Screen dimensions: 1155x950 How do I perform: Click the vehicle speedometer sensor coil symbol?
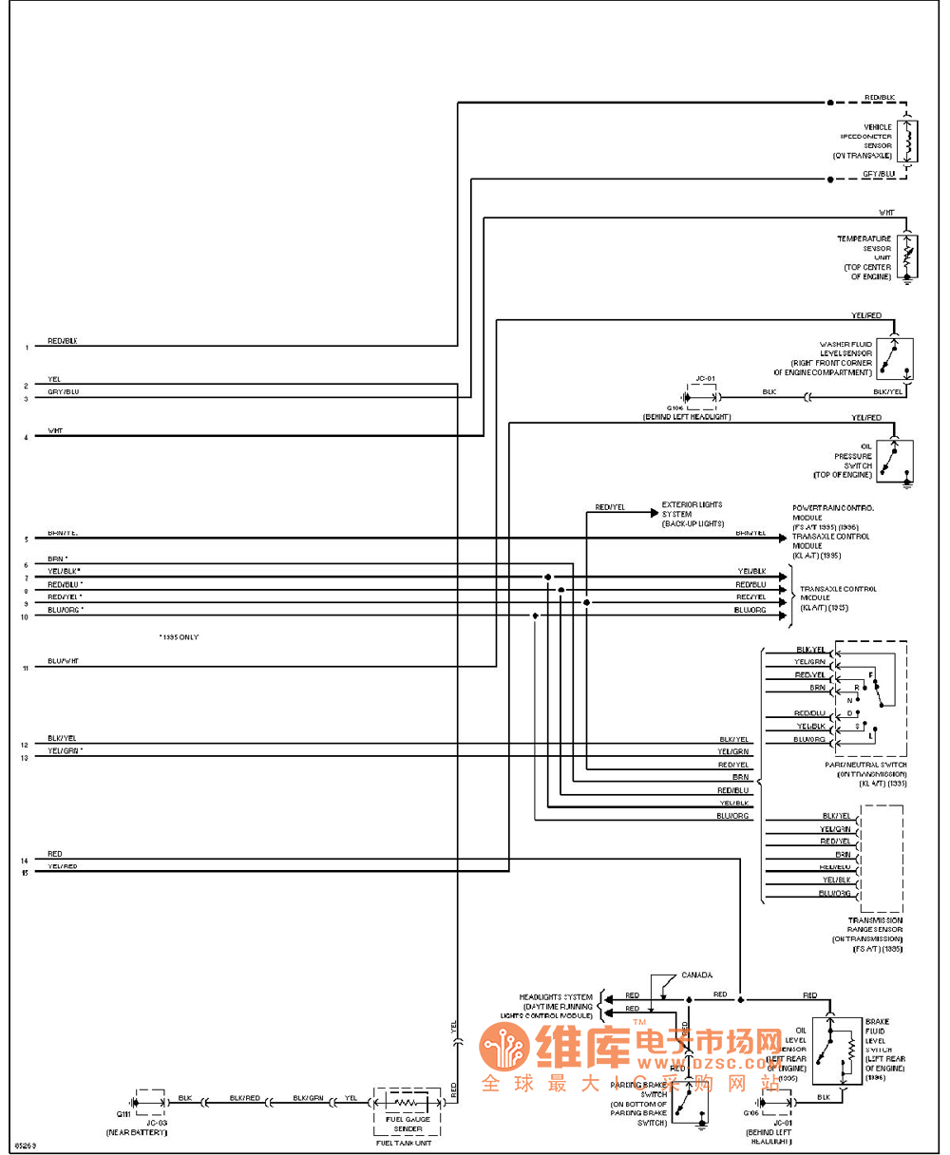click(908, 142)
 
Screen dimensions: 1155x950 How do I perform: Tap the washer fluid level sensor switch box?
click(894, 359)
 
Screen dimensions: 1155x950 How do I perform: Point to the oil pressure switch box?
click(894, 461)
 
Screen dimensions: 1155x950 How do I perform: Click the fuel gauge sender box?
click(408, 1108)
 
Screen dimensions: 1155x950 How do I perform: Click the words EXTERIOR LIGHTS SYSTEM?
click(693, 504)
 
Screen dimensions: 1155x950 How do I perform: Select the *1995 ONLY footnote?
click(179, 636)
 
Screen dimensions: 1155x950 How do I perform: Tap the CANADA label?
click(697, 975)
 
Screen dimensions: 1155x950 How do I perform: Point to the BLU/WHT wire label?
click(63, 661)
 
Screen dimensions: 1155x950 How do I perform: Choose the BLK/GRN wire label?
click(308, 1097)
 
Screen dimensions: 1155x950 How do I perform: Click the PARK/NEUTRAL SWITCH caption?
click(865, 765)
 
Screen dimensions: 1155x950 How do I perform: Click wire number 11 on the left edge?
click(26, 669)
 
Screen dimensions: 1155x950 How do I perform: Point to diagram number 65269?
click(25, 1145)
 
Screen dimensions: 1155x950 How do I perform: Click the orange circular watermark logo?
click(503, 1048)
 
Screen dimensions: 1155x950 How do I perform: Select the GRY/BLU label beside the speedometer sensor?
click(879, 174)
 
